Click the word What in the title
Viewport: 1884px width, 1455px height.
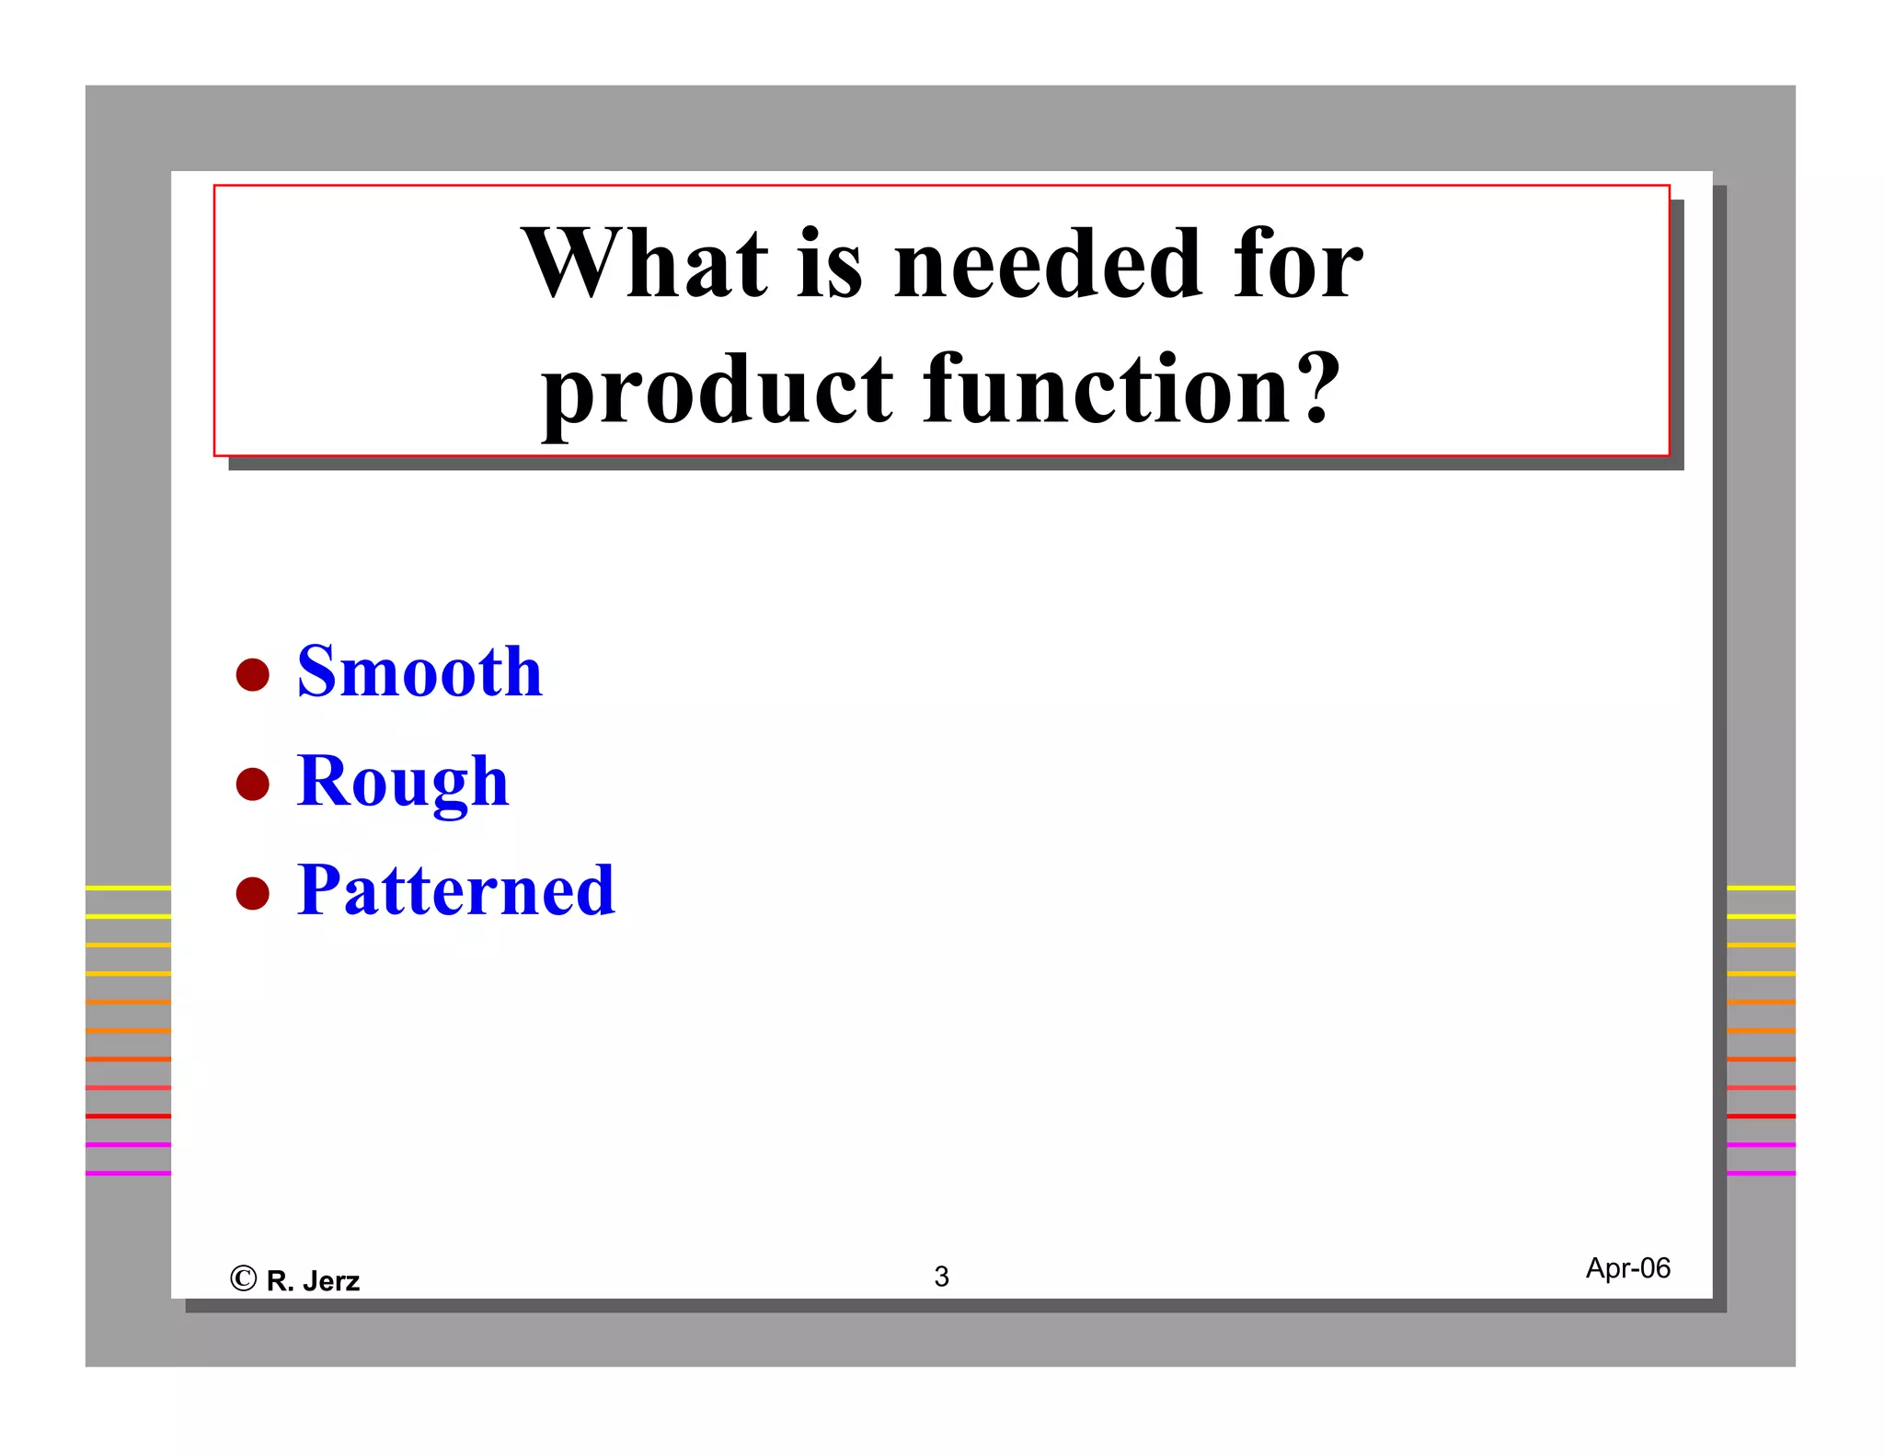click(x=644, y=265)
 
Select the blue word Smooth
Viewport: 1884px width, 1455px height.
click(x=419, y=671)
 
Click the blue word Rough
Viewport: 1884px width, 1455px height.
click(x=402, y=782)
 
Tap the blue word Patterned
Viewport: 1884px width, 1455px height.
click(x=455, y=890)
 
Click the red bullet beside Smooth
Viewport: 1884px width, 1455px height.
click(x=252, y=674)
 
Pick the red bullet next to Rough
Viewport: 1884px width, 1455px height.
click(x=252, y=785)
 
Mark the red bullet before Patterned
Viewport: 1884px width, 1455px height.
click(x=252, y=893)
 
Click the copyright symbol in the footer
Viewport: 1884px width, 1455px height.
click(x=243, y=1278)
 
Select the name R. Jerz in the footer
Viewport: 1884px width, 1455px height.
click(x=313, y=1281)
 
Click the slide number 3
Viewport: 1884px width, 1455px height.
click(x=941, y=1277)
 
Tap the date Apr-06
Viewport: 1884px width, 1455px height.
click(x=1627, y=1268)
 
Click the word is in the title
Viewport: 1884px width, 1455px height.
click(x=830, y=265)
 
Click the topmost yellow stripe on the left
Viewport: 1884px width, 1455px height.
click(x=128, y=888)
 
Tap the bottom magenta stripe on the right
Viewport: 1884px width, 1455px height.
click(x=1761, y=1173)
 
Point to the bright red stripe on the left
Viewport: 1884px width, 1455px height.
click(x=128, y=1116)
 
